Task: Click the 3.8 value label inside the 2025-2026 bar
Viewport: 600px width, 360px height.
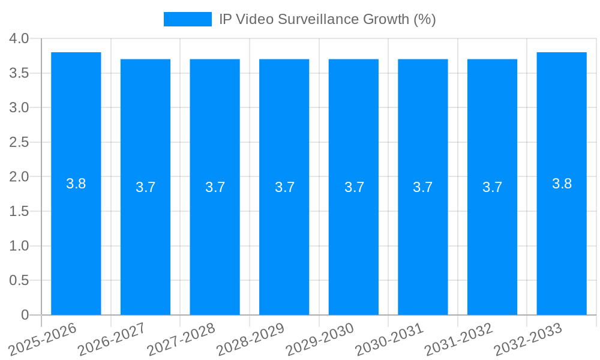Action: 76,184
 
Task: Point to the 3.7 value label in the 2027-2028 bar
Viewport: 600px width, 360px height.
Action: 215,187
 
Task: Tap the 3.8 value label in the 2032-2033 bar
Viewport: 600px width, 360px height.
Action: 562,184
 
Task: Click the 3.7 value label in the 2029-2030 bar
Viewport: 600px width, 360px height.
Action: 354,187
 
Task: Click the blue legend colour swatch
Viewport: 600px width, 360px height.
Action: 187,19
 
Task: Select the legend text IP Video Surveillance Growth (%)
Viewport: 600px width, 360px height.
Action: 327,19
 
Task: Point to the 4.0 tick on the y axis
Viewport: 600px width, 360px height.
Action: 19,38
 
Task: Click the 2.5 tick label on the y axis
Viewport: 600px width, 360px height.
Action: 19,142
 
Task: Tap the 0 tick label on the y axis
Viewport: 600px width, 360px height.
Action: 25,315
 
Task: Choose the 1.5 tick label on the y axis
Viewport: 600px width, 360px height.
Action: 19,211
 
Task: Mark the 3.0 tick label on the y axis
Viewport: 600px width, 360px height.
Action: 19,107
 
